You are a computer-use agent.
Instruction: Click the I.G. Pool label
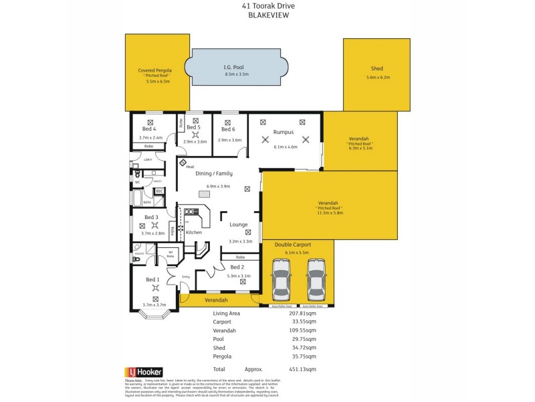pyautogui.click(x=236, y=67)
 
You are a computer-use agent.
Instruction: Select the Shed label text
pyautogui.click(x=377, y=68)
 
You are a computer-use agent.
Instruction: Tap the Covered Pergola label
pyautogui.click(x=155, y=70)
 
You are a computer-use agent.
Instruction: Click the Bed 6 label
pyautogui.click(x=228, y=129)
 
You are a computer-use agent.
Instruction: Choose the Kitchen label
pyautogui.click(x=194, y=232)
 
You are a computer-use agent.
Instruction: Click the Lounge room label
pyautogui.click(x=239, y=225)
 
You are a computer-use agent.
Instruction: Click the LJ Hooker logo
pyautogui.click(x=143, y=371)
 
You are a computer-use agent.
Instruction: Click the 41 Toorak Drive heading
pyautogui.click(x=267, y=5)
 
